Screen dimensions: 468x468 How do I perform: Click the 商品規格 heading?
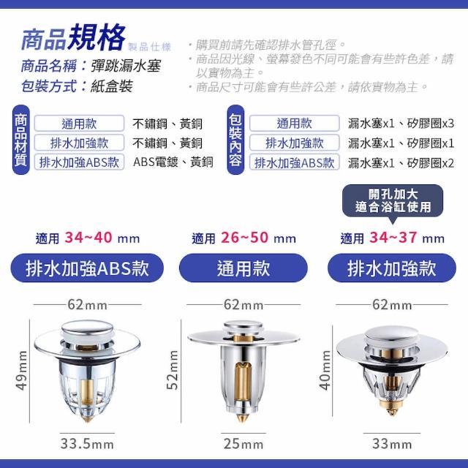click(73, 37)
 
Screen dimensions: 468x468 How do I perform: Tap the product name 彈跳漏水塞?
click(126, 66)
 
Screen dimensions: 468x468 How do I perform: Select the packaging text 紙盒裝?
click(112, 86)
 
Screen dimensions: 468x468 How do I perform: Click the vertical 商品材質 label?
click(21, 140)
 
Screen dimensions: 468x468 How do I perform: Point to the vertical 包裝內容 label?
click(235, 140)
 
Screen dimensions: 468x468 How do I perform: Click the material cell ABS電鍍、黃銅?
click(173, 162)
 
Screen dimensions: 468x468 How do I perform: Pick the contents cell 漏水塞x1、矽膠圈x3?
click(401, 124)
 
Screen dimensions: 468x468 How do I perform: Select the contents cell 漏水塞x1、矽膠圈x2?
click(401, 163)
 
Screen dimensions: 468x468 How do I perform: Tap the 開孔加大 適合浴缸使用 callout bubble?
click(393, 201)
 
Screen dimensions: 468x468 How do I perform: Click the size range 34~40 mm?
click(102, 238)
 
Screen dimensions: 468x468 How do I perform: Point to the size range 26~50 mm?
click(258, 238)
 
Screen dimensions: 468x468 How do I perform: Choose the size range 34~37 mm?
click(407, 238)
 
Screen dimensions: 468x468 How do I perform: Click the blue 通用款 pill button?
click(244, 268)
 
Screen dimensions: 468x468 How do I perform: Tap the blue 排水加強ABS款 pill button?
click(87, 268)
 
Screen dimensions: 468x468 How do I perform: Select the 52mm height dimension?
click(173, 370)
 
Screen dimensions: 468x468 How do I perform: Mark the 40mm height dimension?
click(325, 370)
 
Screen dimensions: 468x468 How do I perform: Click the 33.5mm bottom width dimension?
click(87, 444)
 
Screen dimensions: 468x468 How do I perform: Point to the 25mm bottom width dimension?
click(244, 444)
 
